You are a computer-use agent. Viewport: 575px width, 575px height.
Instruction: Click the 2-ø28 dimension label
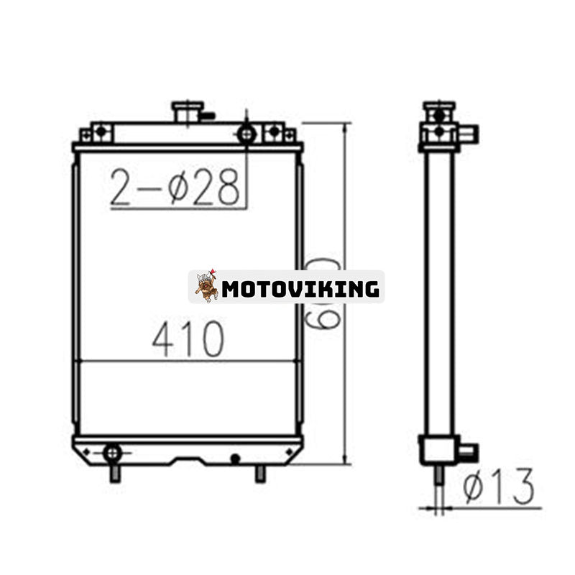coord(175,188)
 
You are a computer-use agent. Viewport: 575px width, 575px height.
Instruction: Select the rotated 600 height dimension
coord(323,294)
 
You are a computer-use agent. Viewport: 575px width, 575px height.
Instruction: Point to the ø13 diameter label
coord(498,487)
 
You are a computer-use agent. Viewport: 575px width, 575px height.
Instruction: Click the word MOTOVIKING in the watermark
coord(300,289)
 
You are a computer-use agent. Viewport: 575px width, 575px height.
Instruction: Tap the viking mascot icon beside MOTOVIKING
coord(206,286)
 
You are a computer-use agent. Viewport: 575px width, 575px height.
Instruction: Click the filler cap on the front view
coord(187,111)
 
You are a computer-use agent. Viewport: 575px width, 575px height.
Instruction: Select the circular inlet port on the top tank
coord(247,133)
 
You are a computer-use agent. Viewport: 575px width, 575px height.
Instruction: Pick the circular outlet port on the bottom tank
coord(112,453)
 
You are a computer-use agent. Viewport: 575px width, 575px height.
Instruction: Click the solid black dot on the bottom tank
coord(235,457)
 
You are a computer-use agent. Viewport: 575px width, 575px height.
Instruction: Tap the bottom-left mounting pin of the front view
coord(114,474)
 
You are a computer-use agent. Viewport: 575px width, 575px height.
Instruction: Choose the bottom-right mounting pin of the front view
coord(260,474)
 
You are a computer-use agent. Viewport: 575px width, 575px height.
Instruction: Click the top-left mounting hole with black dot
coord(101,132)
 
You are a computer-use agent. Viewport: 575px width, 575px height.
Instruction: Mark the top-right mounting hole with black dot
coord(274,132)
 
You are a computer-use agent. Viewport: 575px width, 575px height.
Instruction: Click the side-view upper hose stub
coord(468,134)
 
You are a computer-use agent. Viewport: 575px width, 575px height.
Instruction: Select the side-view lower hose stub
coord(466,452)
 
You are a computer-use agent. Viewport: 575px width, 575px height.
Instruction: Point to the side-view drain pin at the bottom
coord(439,476)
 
